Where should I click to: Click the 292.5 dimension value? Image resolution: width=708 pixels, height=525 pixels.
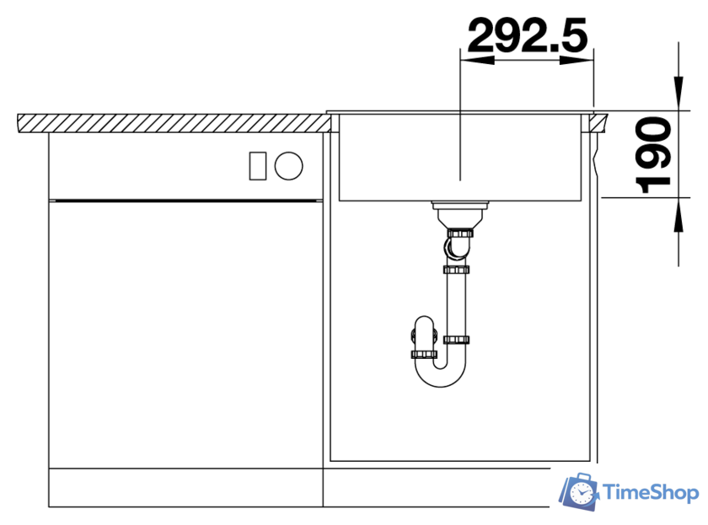[x=528, y=35]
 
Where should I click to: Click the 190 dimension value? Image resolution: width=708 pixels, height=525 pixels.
[x=653, y=155]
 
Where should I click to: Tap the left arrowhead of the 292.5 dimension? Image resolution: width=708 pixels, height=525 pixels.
[x=477, y=60]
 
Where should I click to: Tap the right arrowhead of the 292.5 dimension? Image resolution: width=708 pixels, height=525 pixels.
[x=577, y=60]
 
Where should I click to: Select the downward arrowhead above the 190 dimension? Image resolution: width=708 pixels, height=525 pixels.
[x=678, y=94]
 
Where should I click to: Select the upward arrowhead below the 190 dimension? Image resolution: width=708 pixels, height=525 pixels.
[x=678, y=216]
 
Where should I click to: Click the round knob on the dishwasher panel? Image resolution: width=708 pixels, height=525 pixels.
[x=288, y=166]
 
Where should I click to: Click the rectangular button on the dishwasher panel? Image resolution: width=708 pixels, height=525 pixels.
[x=258, y=166]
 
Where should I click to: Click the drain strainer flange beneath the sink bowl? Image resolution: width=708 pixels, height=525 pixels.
[x=459, y=206]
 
